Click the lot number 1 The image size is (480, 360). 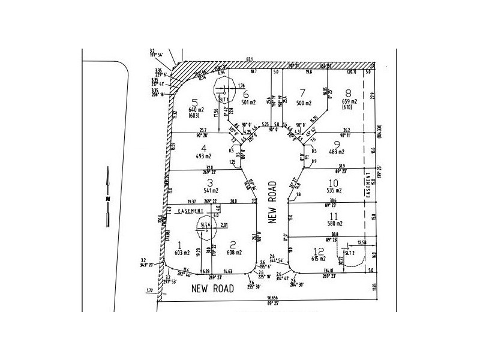click(180, 244)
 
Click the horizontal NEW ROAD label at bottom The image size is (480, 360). click(212, 289)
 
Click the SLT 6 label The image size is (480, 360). click(205, 224)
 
